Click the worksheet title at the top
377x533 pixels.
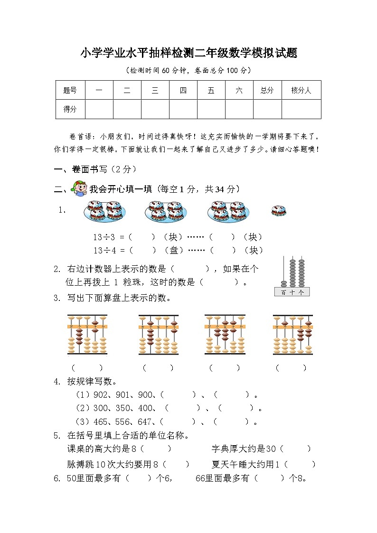pos(188,53)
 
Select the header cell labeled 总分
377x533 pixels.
pos(267,90)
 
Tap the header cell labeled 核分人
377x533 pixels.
pos(301,90)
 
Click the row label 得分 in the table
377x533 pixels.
pos(70,109)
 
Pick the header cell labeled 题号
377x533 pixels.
pos(70,90)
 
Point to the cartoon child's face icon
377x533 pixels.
pos(79,189)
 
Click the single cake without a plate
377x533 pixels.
pos(278,211)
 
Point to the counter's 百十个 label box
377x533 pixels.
pos(292,292)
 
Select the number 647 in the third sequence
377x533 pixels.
pos(143,421)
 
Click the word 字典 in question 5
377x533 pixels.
pos(219,449)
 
